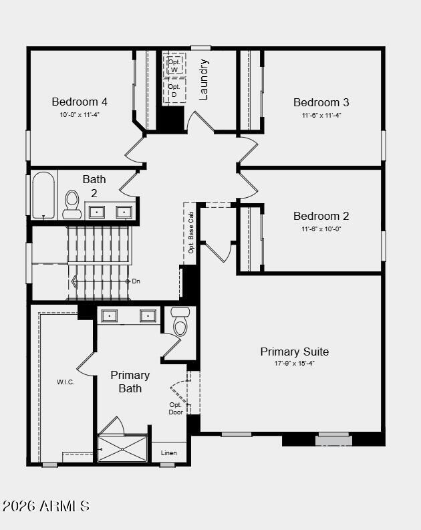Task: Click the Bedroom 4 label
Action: pyautogui.click(x=80, y=102)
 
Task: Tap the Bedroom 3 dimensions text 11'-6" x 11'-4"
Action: pyautogui.click(x=321, y=115)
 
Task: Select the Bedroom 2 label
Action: pyautogui.click(x=321, y=216)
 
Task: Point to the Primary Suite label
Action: pyautogui.click(x=294, y=352)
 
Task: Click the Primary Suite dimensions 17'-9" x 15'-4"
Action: pyautogui.click(x=294, y=364)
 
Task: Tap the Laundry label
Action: pyautogui.click(x=204, y=80)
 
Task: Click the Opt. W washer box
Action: pyautogui.click(x=174, y=65)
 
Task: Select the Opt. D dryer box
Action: pyautogui.click(x=174, y=90)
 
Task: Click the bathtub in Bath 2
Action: pyautogui.click(x=43, y=195)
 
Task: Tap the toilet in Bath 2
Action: pyautogui.click(x=72, y=205)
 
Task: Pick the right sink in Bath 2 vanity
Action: pyautogui.click(x=124, y=212)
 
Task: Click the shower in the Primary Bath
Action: pyautogui.click(x=122, y=448)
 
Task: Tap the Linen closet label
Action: pyautogui.click(x=169, y=453)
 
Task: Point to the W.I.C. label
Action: pyautogui.click(x=65, y=382)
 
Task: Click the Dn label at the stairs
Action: pyautogui.click(x=136, y=281)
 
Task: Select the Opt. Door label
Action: pyautogui.click(x=176, y=408)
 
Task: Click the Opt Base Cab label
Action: pyautogui.click(x=190, y=232)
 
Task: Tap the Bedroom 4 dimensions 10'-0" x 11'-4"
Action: pyautogui.click(x=80, y=115)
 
